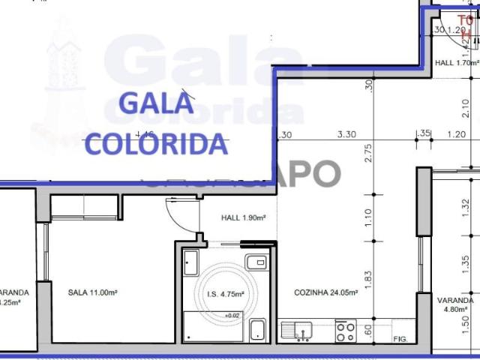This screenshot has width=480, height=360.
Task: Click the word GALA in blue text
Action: (157, 103)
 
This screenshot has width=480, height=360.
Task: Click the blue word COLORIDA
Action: (157, 142)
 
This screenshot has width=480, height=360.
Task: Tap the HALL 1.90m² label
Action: (244, 218)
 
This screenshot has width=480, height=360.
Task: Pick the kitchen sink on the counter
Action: (298, 329)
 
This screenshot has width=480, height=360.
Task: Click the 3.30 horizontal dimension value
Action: (346, 135)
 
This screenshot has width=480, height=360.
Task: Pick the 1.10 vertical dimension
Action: (368, 217)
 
